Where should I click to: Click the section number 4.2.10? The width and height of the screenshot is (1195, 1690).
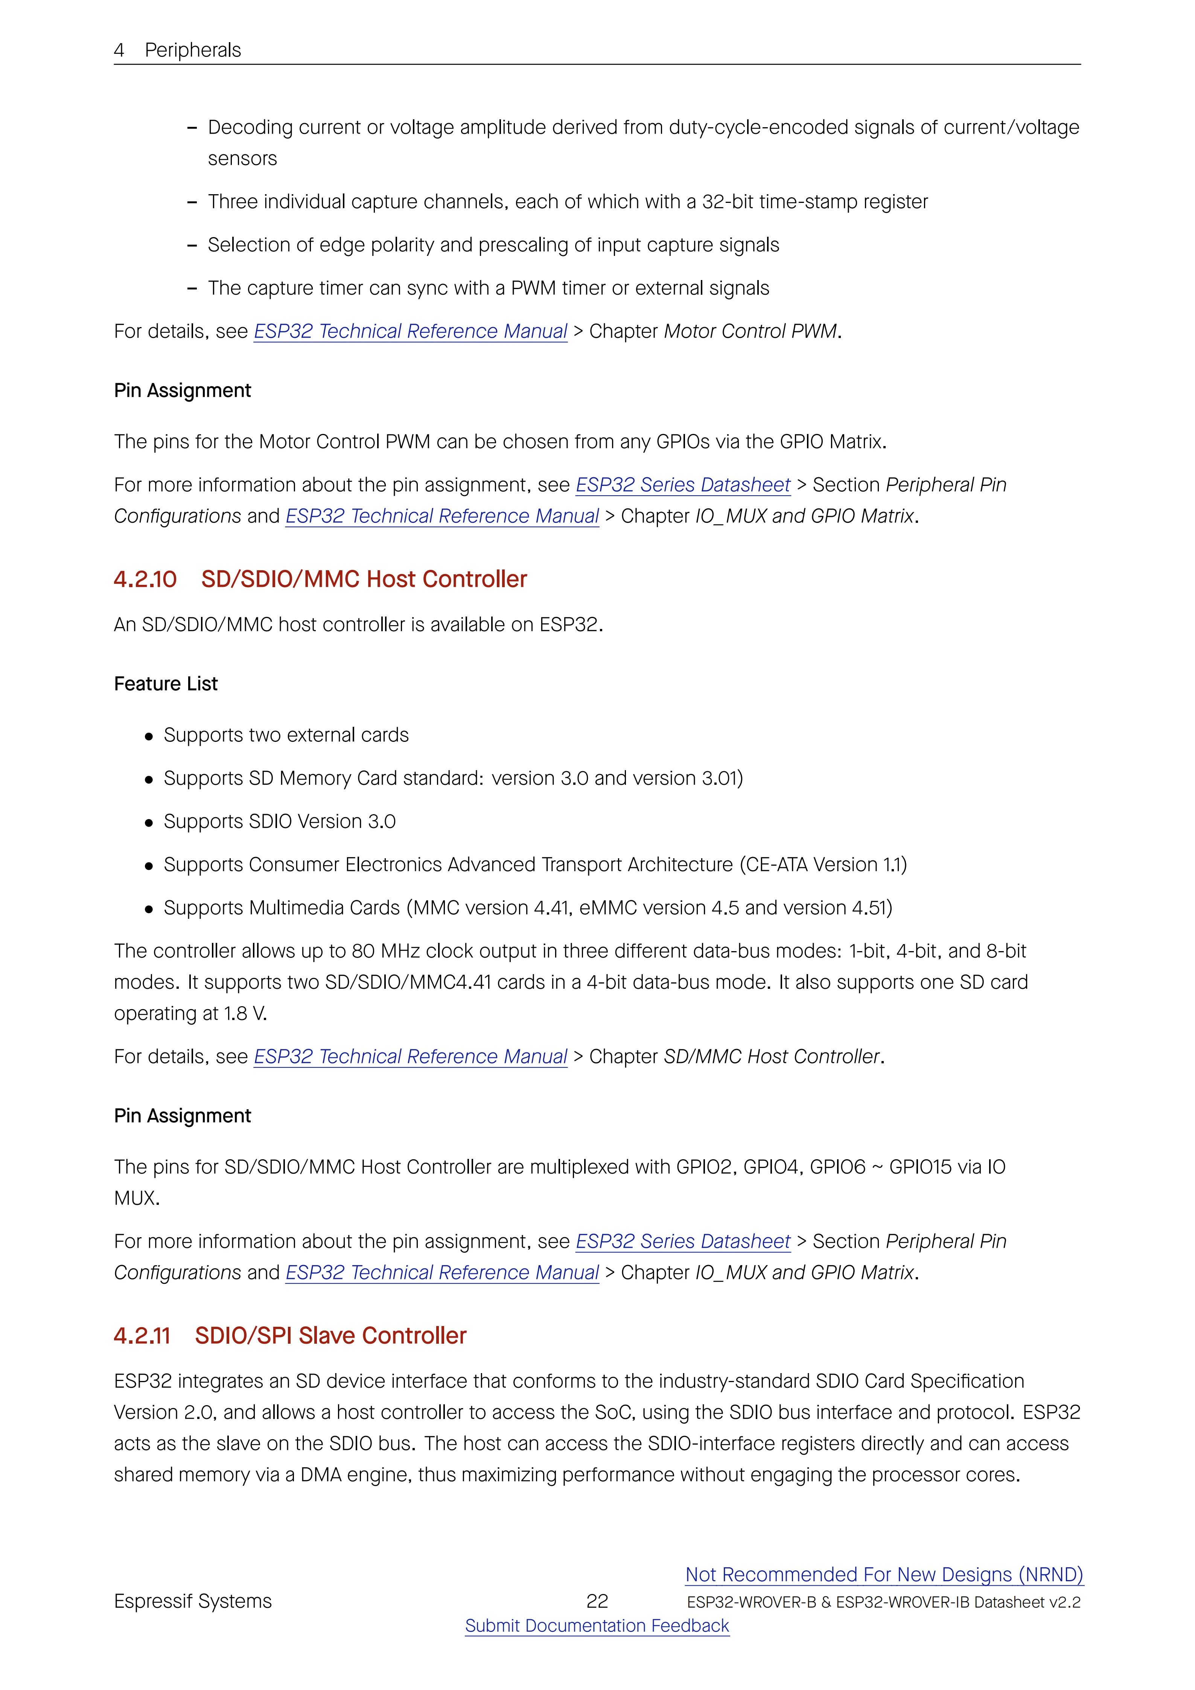(145, 579)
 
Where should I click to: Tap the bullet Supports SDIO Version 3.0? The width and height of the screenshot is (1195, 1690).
(280, 821)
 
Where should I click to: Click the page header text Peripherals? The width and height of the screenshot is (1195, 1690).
(193, 50)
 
